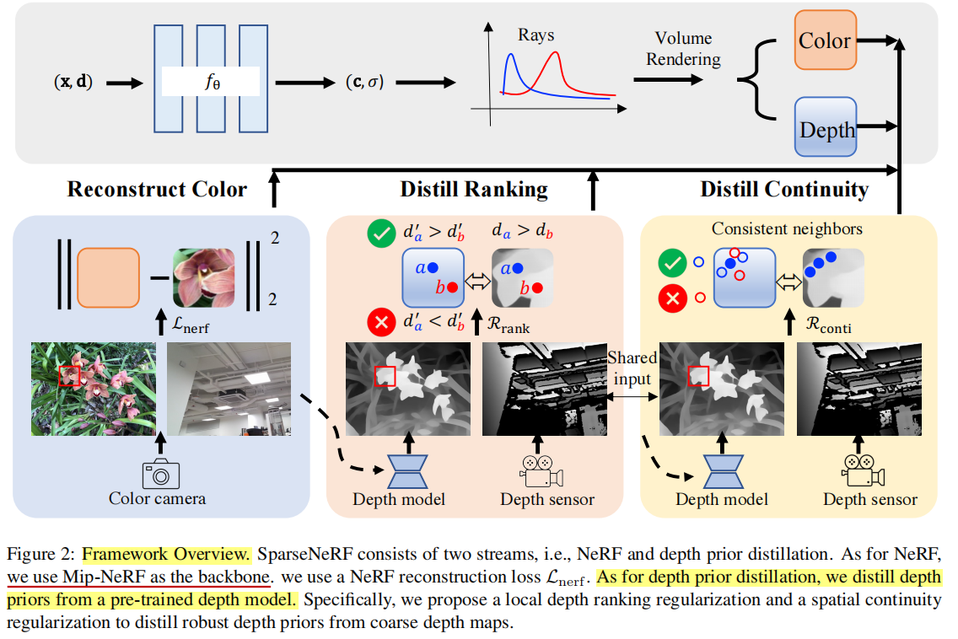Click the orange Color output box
point(826,40)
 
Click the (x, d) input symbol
point(73,83)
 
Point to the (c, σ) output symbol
point(364,83)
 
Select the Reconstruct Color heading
point(157,189)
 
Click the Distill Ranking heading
point(474,189)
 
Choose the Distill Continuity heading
point(783,189)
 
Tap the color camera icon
point(160,473)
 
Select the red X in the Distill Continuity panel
point(673,297)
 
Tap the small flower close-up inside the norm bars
point(202,277)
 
